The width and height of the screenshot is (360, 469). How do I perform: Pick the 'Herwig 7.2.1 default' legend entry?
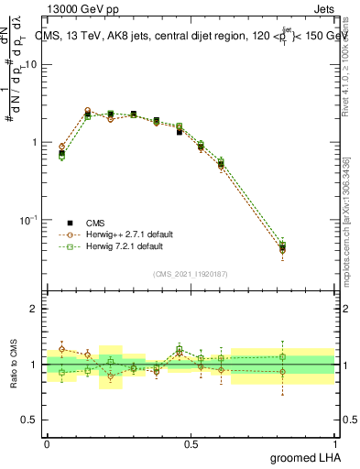coord(119,246)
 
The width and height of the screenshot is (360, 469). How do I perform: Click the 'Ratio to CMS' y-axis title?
coord(12,365)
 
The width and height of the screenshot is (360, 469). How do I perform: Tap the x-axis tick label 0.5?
coord(191,443)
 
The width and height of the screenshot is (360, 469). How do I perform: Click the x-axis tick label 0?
coord(47,443)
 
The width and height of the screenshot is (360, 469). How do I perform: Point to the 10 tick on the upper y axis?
coord(31,65)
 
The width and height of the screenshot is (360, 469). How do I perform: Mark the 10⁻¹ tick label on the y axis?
coord(27,220)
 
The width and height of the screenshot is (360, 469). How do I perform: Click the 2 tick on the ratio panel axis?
coord(34,309)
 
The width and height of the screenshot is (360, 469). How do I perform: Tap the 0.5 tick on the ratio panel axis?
coord(29,420)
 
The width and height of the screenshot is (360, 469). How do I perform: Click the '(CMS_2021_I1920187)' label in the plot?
coord(191,274)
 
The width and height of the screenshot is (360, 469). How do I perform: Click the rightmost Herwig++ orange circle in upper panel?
coord(283,250)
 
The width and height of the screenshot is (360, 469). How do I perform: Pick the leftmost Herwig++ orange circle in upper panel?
coord(61,147)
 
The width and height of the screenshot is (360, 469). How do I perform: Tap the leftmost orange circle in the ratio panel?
coord(61,349)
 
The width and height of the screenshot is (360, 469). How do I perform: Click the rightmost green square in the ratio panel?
coord(283,356)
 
